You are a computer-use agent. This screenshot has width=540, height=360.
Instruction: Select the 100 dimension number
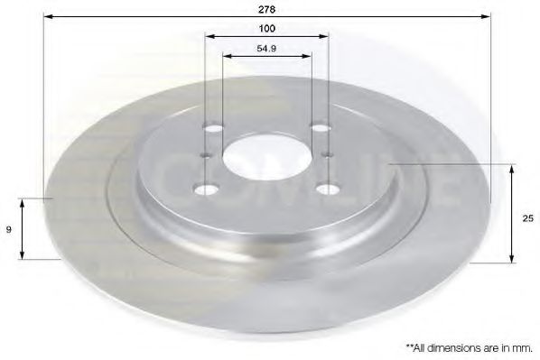[x=266, y=28]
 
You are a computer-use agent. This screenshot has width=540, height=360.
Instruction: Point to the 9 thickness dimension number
[x=10, y=230]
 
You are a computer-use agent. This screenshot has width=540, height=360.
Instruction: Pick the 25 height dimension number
[x=526, y=217]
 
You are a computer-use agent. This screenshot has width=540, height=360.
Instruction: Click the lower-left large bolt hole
[x=204, y=188]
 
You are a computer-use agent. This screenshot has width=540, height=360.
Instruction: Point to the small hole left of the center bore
[x=205, y=155]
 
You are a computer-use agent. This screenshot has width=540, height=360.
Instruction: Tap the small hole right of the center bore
[x=324, y=156]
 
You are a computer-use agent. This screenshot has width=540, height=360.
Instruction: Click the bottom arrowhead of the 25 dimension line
[x=512, y=259]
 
